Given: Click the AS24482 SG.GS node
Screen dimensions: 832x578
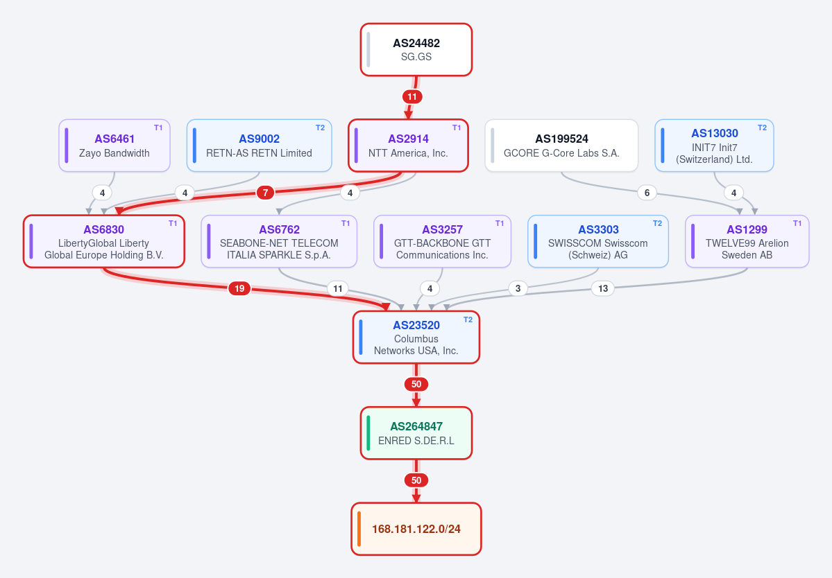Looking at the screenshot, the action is pos(416,50).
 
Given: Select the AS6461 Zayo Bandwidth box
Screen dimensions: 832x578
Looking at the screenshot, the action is pos(114,146).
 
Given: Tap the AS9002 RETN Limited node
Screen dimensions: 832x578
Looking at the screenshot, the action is pos(259,146).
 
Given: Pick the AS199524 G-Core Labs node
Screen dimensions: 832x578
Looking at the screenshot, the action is pos(561,146).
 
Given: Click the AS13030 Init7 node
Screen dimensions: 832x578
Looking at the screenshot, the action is pos(714,146).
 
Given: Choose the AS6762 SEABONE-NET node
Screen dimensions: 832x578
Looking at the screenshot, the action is pos(279,242).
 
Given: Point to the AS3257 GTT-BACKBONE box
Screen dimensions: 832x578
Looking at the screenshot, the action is pos(443,242).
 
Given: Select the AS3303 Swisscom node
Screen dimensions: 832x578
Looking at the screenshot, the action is pos(598,242).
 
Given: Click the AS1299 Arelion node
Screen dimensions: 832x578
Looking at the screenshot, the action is pos(747,242).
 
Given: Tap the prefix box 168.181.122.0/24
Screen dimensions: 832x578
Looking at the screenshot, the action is pos(416,529).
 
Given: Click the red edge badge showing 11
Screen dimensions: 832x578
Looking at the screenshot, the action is pos(412,97).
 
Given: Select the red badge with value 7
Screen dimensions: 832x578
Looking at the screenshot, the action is pos(265,192).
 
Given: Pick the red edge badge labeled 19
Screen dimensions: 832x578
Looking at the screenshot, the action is pos(239,288).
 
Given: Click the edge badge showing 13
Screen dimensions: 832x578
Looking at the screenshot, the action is pos(603,288).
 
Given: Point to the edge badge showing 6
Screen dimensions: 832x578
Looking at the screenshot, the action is pos(647,193).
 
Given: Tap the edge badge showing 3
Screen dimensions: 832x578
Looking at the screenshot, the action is pos(518,288).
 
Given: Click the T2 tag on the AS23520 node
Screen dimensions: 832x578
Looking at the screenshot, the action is pos(468,319).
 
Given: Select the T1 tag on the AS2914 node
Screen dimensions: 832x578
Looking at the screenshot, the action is pos(457,128).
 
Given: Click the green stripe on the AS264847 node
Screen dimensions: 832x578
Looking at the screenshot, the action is pos(368,433).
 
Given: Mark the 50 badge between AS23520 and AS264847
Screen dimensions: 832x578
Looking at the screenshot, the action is pos(416,384).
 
